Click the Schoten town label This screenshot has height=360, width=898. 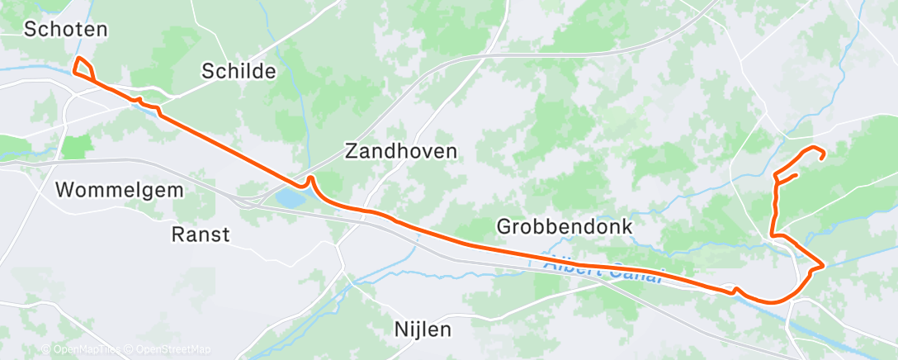66,30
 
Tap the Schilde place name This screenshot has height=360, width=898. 239,71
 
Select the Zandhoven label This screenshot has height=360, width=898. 400,151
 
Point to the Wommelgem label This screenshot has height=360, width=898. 119,190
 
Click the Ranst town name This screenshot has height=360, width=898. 201,234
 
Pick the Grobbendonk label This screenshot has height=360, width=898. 565,225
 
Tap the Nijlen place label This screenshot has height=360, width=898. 423,330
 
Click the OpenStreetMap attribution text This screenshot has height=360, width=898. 168,349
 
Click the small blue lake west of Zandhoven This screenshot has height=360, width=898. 289,198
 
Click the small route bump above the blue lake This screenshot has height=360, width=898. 310,178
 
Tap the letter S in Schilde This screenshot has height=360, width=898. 208,71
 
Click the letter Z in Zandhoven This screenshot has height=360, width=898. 352,151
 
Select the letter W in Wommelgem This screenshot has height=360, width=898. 64,190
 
